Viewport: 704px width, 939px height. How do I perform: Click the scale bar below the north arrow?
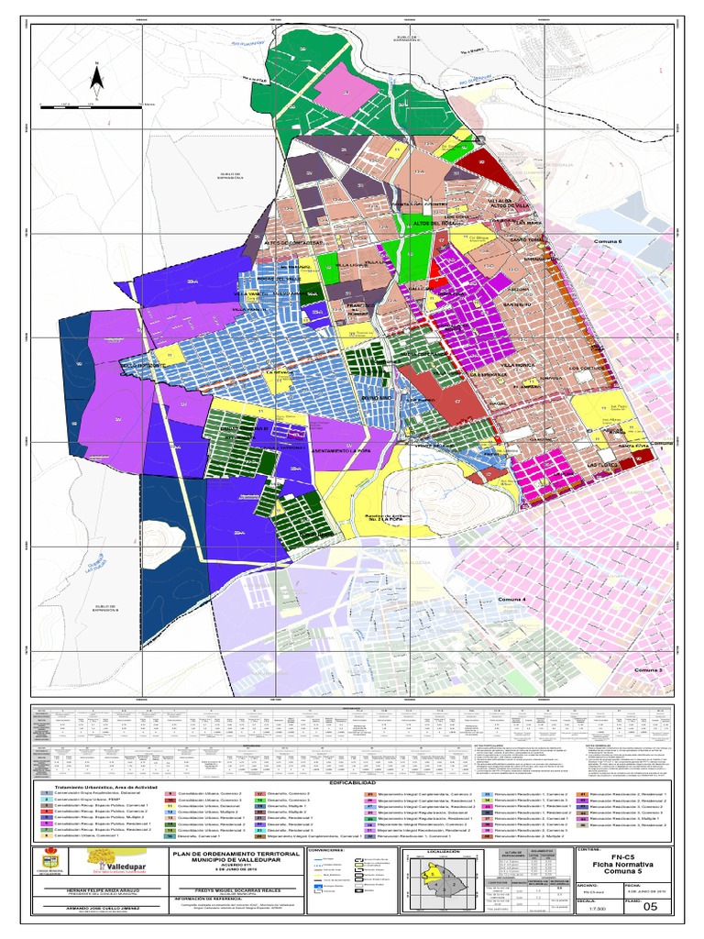(x=92, y=106)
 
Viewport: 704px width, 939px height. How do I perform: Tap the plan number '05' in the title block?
(x=652, y=907)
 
